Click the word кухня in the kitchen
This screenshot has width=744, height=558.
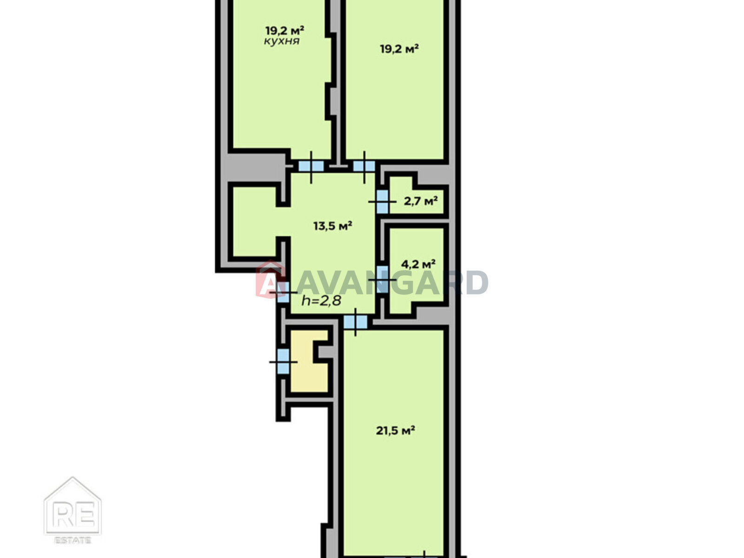click(x=282, y=41)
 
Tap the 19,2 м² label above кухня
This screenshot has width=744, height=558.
click(x=285, y=31)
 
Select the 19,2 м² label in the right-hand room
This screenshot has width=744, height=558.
click(x=399, y=49)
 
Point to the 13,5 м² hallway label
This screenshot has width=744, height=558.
click(x=332, y=226)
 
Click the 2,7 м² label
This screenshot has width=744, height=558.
click(x=421, y=201)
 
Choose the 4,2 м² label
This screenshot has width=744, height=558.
click(x=418, y=264)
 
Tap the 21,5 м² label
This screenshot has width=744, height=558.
click(x=396, y=431)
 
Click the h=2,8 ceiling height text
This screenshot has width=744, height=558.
click(x=321, y=300)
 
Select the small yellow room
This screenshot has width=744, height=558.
click(x=309, y=361)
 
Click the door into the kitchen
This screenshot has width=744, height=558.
click(x=311, y=166)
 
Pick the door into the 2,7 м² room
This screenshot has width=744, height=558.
click(x=382, y=202)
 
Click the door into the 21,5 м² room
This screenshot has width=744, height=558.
click(x=355, y=322)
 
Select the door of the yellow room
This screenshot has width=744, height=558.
click(x=283, y=361)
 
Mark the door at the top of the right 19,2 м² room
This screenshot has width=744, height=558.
click(x=365, y=166)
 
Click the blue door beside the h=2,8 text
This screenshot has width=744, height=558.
click(x=283, y=292)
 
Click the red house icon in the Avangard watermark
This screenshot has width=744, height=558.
click(x=271, y=279)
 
